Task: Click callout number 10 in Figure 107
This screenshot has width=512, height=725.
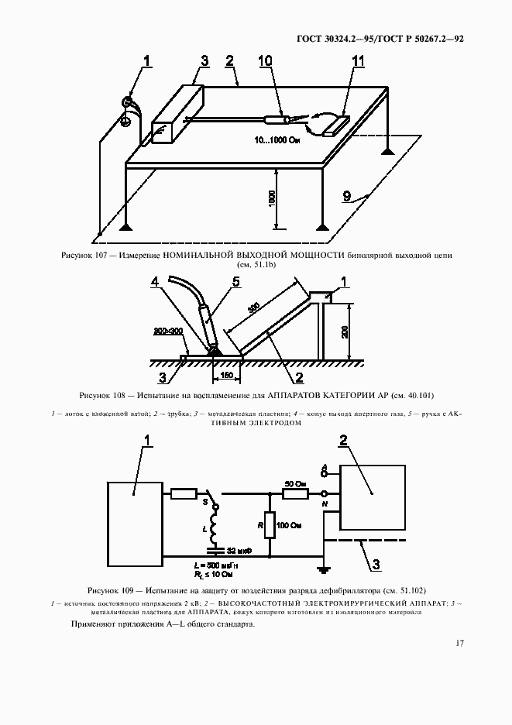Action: (x=265, y=60)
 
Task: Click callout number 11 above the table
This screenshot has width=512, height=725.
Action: (x=358, y=60)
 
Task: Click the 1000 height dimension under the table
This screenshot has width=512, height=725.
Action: (x=272, y=198)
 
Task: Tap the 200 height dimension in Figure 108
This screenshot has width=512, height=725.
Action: (x=345, y=331)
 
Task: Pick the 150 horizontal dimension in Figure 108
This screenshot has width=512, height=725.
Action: (x=226, y=376)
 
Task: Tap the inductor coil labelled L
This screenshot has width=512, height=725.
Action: (x=215, y=528)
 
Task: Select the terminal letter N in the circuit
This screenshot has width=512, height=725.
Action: (x=325, y=503)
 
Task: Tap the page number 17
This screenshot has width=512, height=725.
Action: (x=459, y=644)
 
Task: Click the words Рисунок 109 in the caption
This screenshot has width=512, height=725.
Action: (x=111, y=590)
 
